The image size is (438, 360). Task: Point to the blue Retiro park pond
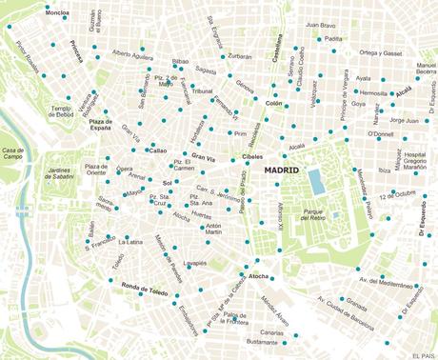[x=316, y=180]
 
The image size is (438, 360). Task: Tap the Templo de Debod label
[x=62, y=113]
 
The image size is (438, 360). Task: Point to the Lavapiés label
[x=195, y=263]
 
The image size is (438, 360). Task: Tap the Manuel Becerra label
[x=419, y=69]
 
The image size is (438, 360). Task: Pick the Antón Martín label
[x=213, y=229]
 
